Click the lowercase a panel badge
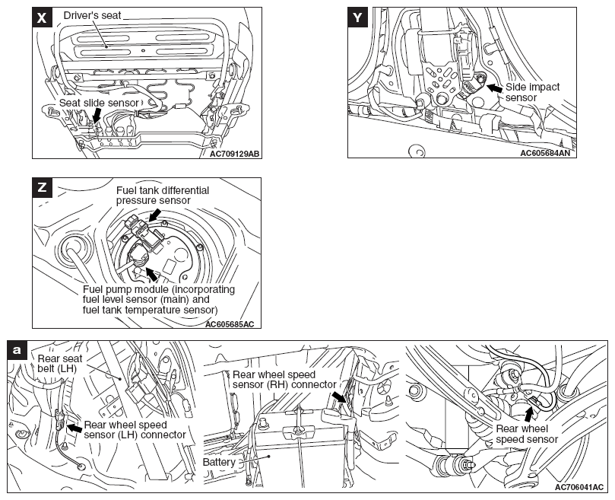(18, 351)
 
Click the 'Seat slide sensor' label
(100, 103)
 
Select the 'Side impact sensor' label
(532, 92)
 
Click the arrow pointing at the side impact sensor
(493, 89)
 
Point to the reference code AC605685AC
(229, 324)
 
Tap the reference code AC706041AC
(579, 486)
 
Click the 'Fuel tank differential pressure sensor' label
(162, 195)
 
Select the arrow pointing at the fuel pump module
(151, 274)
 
